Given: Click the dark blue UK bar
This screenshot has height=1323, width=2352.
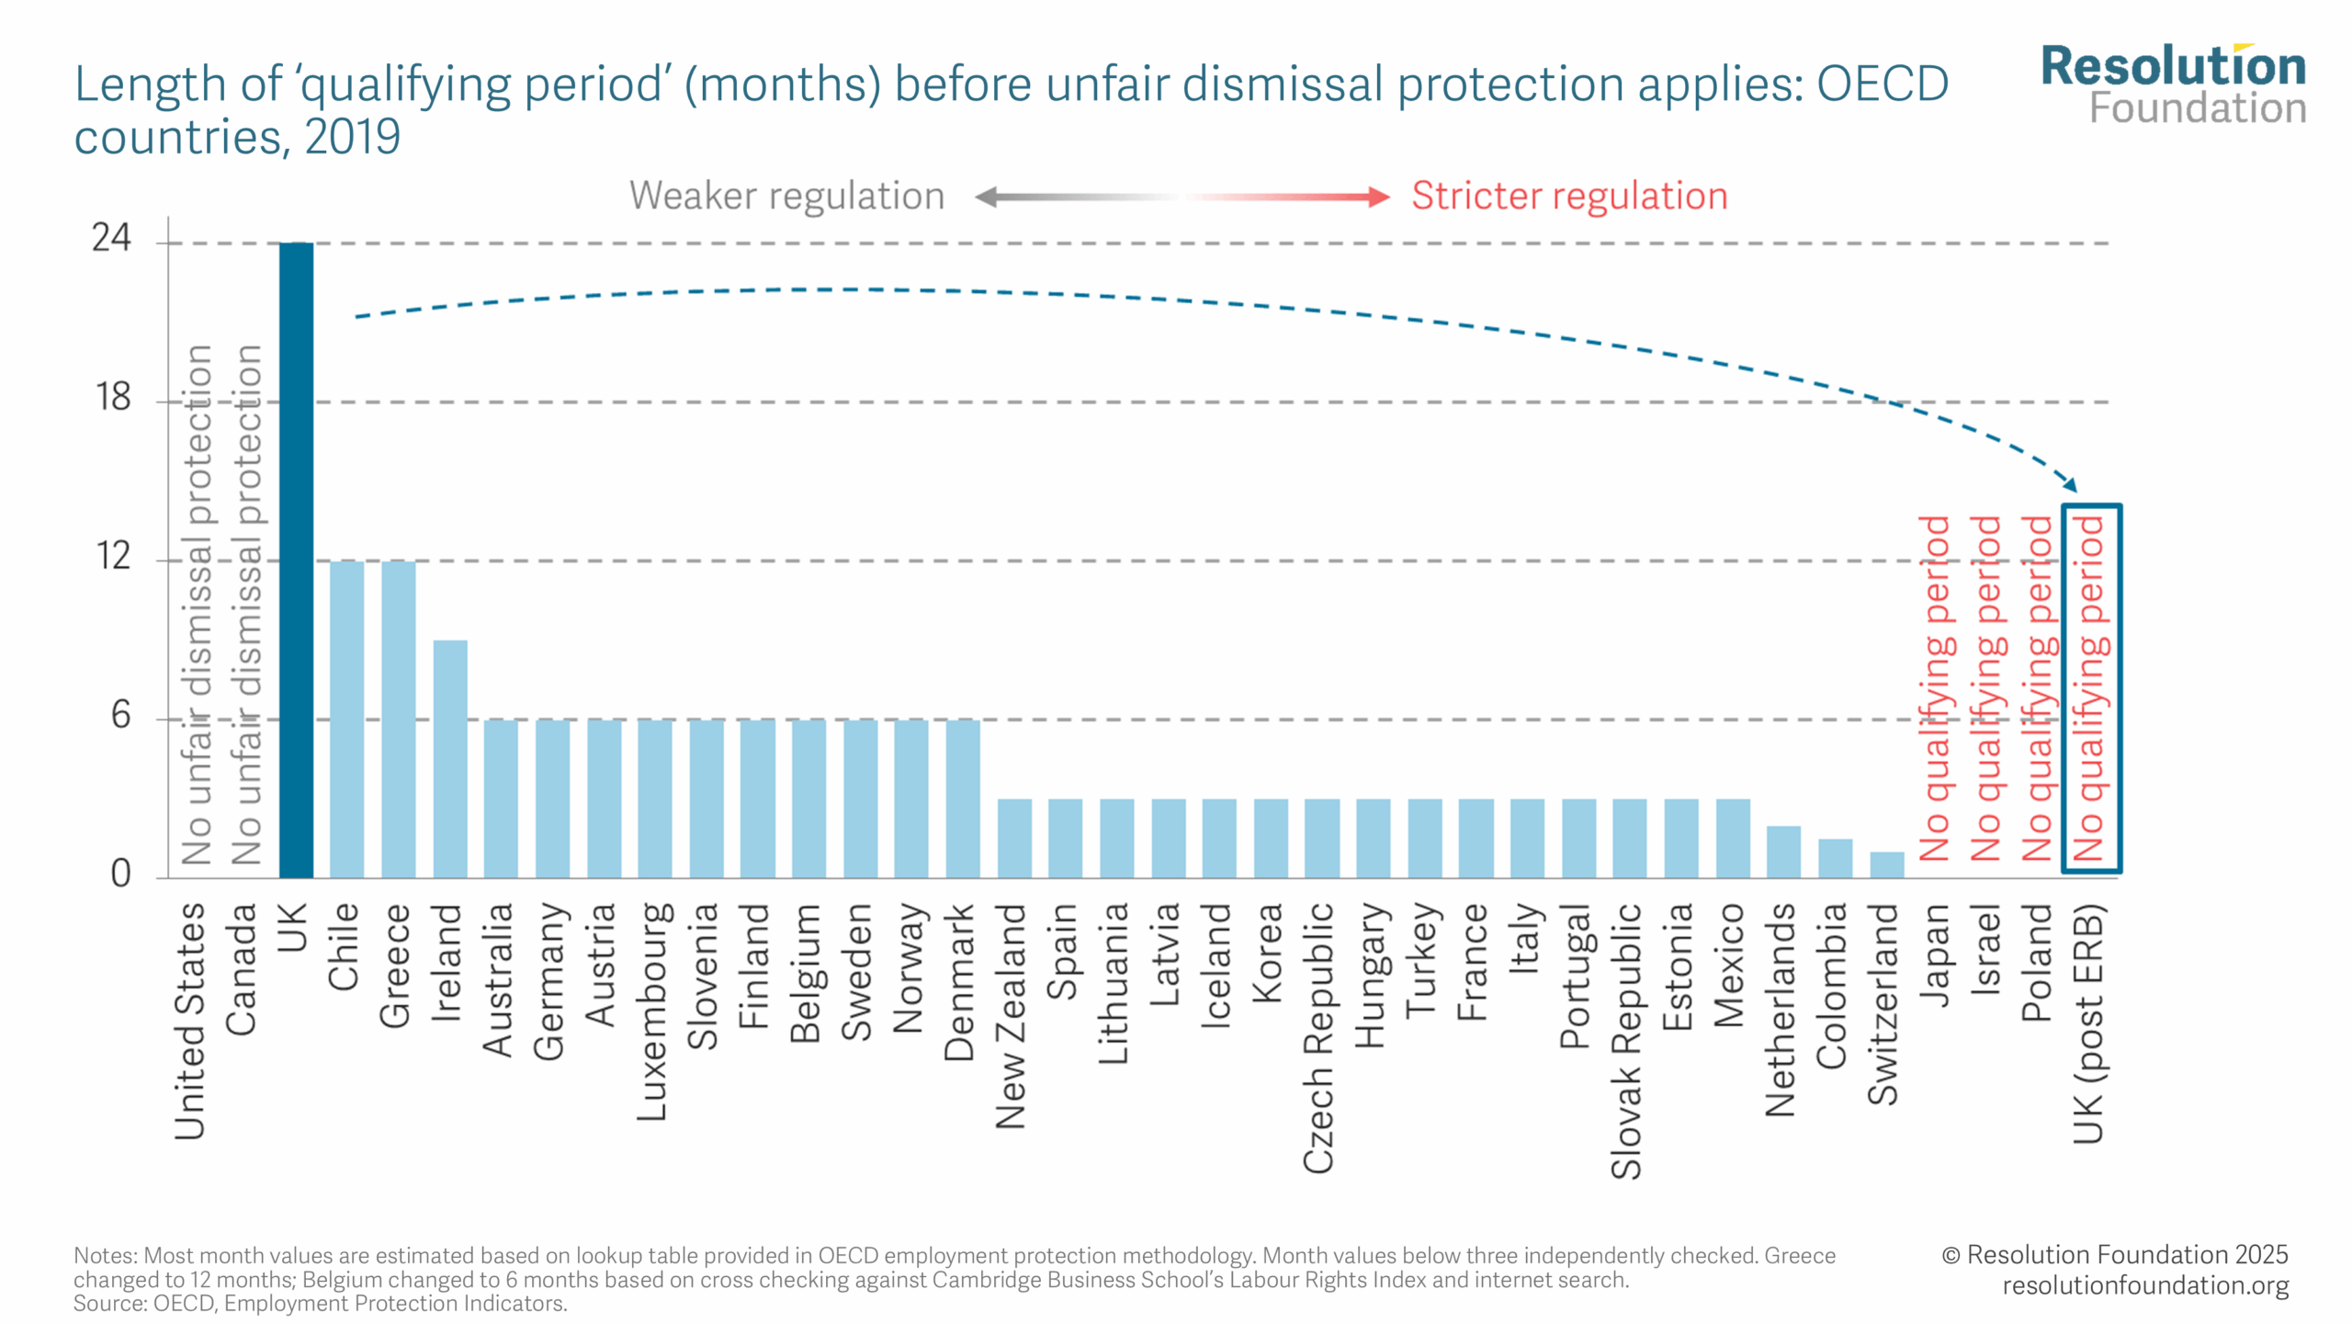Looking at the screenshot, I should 296,560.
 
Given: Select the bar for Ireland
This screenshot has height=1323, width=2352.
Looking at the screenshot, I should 450,759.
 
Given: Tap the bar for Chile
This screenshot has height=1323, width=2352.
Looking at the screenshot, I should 346,718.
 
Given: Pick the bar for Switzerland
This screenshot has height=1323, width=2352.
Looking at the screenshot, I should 1886,865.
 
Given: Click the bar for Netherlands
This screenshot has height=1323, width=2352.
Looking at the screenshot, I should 1783,852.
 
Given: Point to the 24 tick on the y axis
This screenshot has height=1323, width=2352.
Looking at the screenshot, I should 111,239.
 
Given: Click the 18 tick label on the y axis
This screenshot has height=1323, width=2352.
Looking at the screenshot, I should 113,398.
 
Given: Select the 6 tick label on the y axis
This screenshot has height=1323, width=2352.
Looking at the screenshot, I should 120,715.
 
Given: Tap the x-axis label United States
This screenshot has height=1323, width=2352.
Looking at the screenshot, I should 190,1020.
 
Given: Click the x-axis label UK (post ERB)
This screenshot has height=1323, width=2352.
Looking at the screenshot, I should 2088,1023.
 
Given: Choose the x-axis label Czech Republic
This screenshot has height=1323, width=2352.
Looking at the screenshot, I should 1318,1037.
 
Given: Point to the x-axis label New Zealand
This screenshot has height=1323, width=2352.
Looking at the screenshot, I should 1011,1015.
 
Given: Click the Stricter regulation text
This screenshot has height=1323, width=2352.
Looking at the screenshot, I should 1569,196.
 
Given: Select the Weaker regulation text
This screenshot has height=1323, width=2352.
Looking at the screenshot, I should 786,196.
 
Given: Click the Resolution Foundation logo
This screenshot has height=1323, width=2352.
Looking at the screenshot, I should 2174,85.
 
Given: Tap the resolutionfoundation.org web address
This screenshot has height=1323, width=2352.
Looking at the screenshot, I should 2145,1285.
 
